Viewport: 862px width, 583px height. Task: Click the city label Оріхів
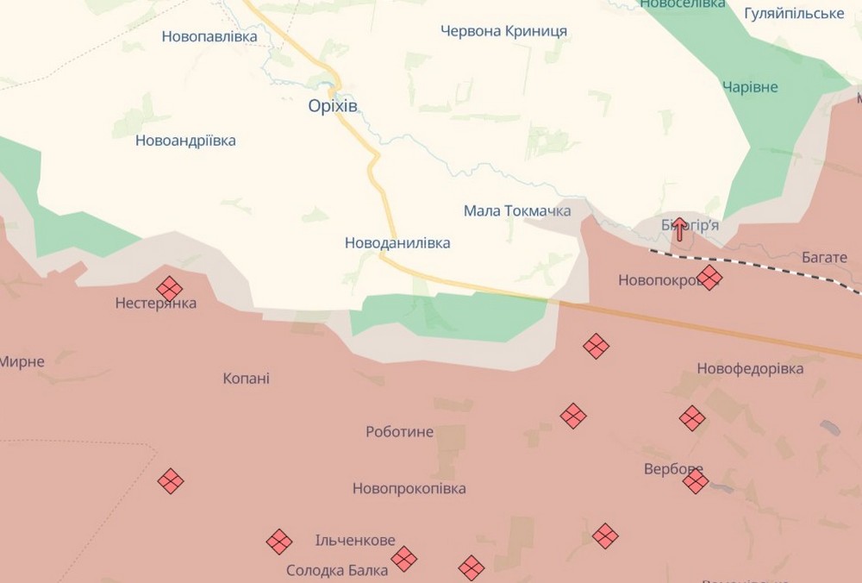tap(333, 106)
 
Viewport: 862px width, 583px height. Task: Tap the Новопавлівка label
tap(209, 37)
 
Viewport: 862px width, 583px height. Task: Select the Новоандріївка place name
tap(185, 141)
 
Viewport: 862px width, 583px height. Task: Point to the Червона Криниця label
tap(503, 31)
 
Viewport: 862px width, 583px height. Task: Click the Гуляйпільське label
tap(794, 14)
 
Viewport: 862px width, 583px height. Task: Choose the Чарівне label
tap(750, 87)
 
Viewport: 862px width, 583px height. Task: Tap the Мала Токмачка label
tap(517, 210)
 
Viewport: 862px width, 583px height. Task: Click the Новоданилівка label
tap(397, 243)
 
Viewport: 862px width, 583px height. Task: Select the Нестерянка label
tap(156, 304)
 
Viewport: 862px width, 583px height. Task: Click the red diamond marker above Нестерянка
tap(169, 288)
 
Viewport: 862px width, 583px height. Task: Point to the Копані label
tap(246, 378)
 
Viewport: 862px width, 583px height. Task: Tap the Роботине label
tap(399, 432)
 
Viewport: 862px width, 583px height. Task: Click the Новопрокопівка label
tap(409, 489)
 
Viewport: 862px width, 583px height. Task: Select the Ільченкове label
tap(355, 541)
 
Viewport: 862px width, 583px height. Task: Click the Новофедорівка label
tap(750, 369)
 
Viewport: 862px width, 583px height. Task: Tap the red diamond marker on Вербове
tap(696, 481)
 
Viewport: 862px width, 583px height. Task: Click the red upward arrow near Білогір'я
tap(679, 229)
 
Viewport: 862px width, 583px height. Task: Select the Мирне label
tap(22, 361)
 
